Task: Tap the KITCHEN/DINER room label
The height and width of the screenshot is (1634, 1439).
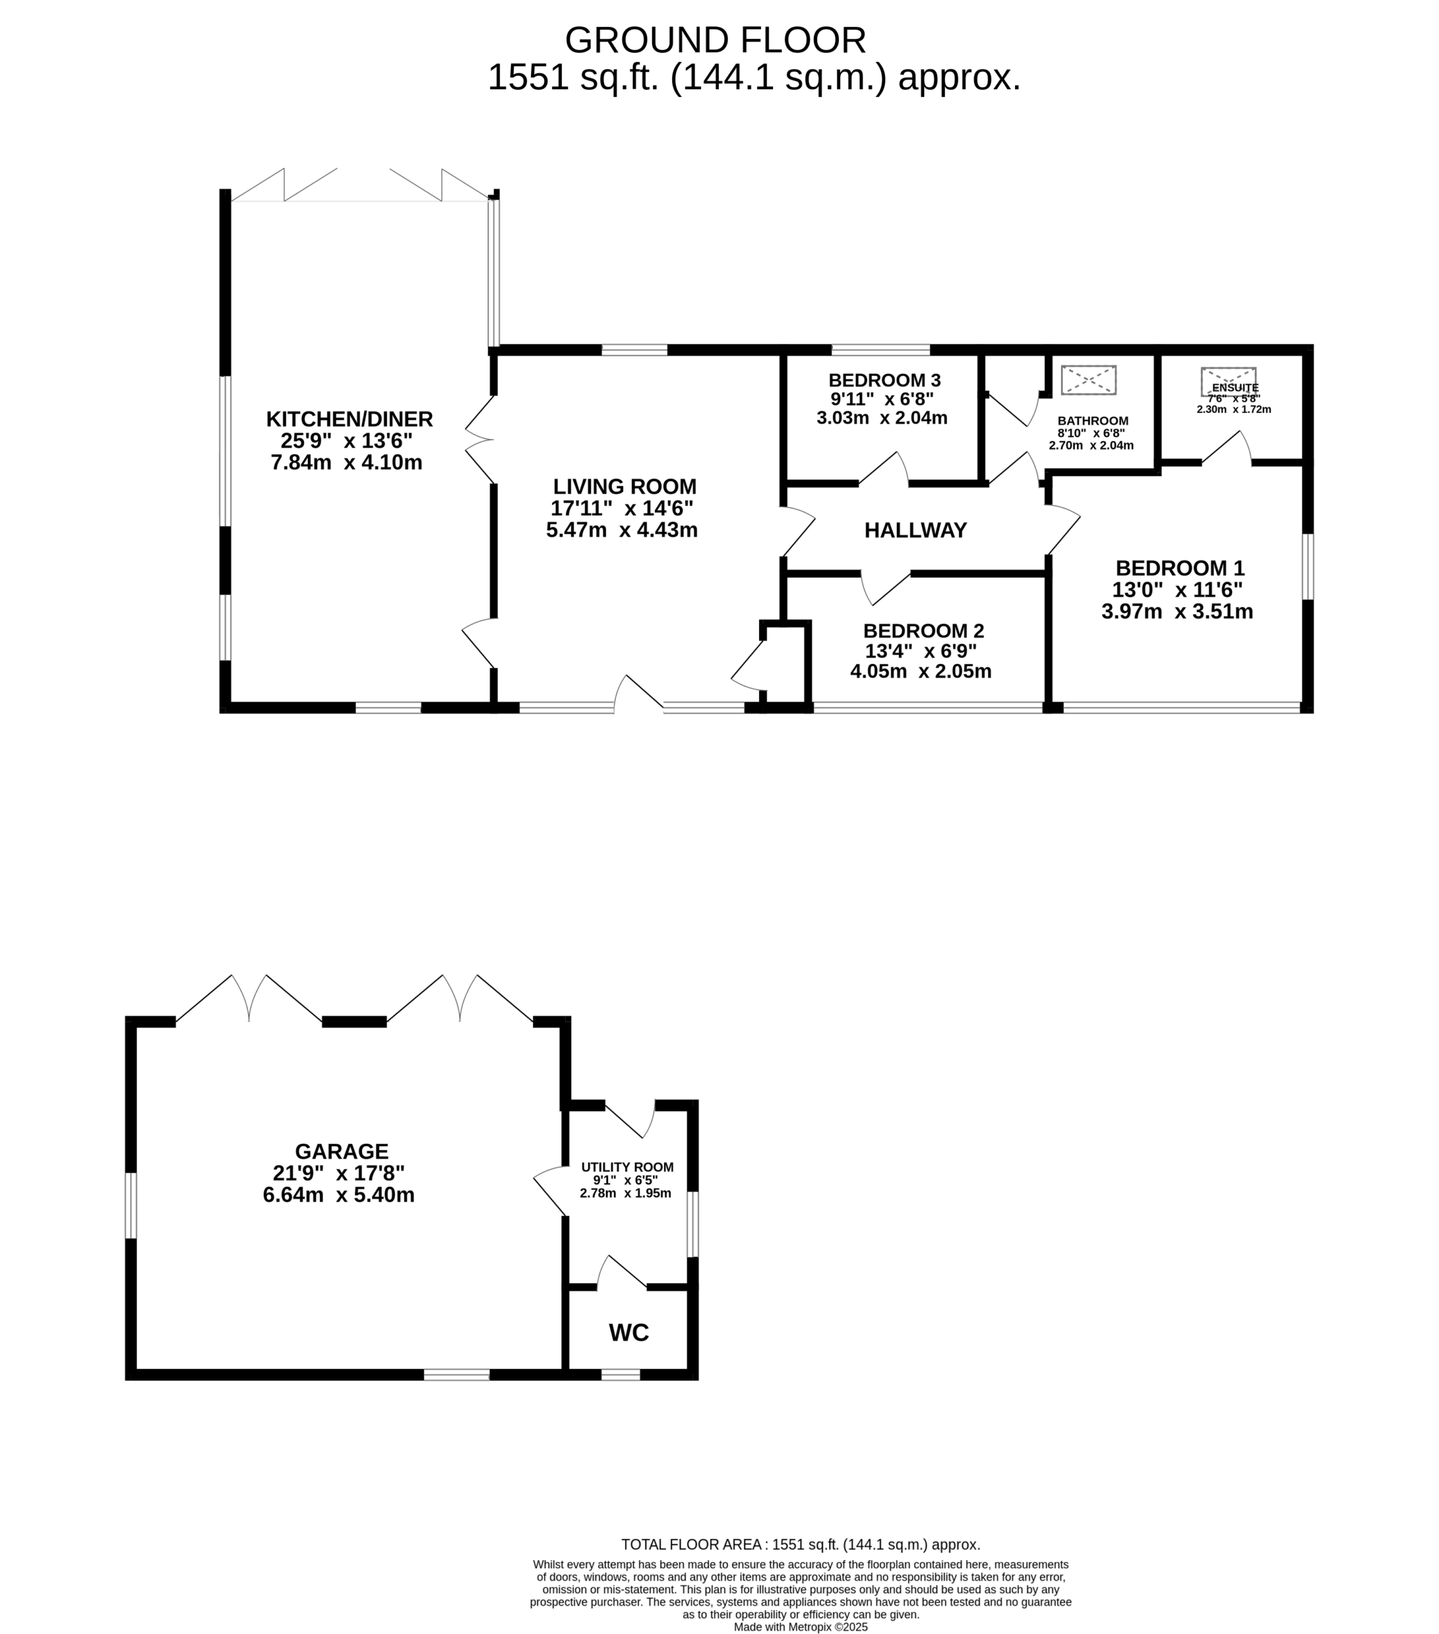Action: tap(349, 419)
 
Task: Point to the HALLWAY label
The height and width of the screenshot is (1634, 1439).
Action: tap(915, 530)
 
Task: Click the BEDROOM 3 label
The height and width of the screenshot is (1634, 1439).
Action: tap(884, 380)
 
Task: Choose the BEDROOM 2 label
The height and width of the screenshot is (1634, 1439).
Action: tap(923, 631)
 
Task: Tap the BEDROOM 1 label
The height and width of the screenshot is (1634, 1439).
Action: tap(1180, 568)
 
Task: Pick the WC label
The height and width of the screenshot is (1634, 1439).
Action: tap(628, 1333)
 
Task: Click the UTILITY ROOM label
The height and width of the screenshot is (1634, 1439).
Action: tap(627, 1167)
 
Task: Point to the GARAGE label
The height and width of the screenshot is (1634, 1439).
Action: tap(342, 1151)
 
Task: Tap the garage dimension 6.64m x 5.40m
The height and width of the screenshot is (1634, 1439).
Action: tap(338, 1195)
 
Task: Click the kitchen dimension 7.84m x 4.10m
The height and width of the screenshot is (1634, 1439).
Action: tap(346, 462)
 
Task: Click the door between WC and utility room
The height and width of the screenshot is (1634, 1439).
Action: tap(622, 1273)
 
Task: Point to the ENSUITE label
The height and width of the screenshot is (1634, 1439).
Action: tap(1235, 387)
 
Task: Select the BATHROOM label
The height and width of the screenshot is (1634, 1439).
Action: tap(1093, 421)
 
